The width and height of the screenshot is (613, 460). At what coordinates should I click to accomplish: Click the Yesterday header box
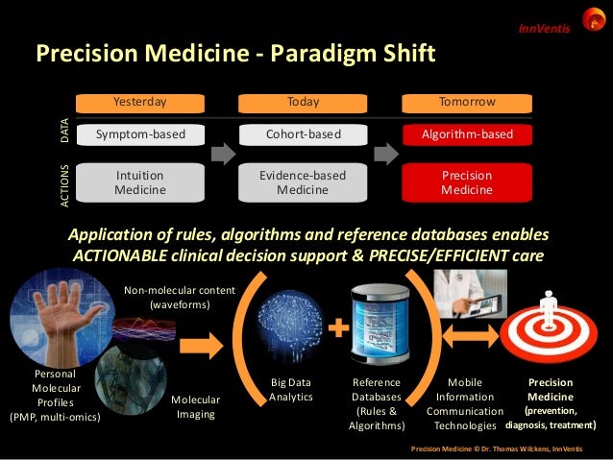coord(140,101)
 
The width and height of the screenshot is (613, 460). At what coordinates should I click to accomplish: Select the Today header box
coord(304,101)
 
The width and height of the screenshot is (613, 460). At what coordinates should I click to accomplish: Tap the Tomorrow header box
coord(467,101)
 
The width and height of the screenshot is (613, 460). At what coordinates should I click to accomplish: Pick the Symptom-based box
coord(140,134)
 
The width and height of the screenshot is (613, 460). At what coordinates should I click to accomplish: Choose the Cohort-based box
coord(304,134)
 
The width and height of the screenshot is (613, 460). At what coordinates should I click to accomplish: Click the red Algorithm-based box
coord(467,134)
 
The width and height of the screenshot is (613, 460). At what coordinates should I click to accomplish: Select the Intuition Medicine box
coord(140,182)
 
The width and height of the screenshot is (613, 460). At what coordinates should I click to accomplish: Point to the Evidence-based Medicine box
coord(304,182)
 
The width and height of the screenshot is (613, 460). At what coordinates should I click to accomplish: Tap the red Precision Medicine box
coord(467,182)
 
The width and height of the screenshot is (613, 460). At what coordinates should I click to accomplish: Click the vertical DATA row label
coord(65,133)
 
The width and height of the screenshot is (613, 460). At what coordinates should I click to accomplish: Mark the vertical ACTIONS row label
coord(65,183)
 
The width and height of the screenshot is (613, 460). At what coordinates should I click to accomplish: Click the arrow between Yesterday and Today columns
coord(222,153)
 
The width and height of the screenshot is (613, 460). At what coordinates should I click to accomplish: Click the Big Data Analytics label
coord(290,390)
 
